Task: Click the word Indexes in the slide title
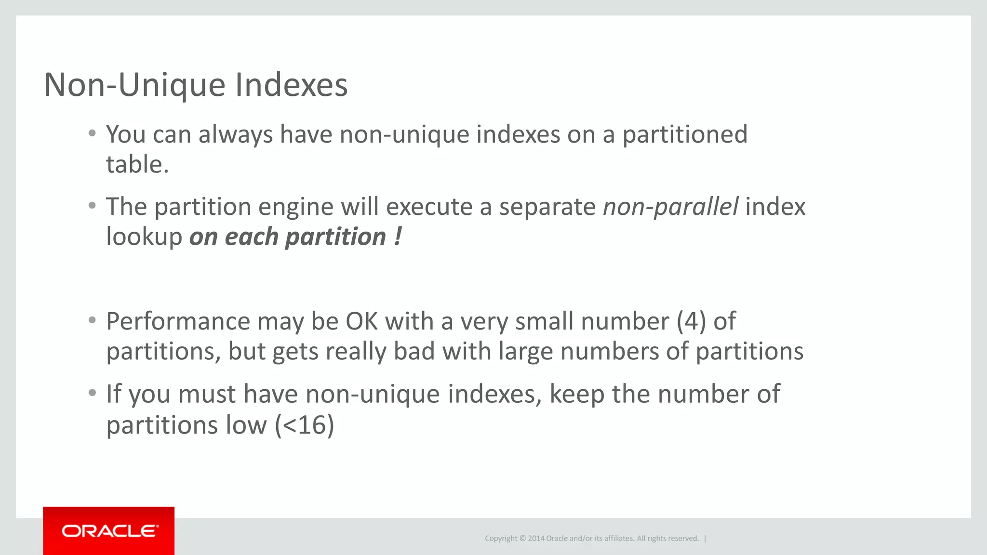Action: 291,85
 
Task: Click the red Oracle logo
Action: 109,531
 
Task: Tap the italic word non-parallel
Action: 670,207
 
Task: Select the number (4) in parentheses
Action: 692,321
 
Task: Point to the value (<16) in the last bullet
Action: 305,425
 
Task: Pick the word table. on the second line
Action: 137,165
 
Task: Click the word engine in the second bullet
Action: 295,207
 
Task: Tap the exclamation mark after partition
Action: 398,237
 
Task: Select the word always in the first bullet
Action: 236,134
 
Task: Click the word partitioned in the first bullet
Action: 685,134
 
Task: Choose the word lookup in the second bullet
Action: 144,237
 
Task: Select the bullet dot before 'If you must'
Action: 93,393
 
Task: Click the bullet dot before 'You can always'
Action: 93,133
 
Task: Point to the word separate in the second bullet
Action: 547,207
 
